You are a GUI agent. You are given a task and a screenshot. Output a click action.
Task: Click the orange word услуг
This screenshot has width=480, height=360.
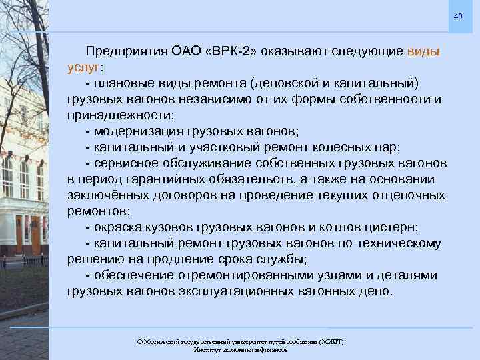coord(83,67)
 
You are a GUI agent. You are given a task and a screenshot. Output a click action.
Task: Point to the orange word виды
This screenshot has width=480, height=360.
coord(423,51)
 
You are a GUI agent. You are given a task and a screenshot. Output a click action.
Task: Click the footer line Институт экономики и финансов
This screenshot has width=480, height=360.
coord(240,350)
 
